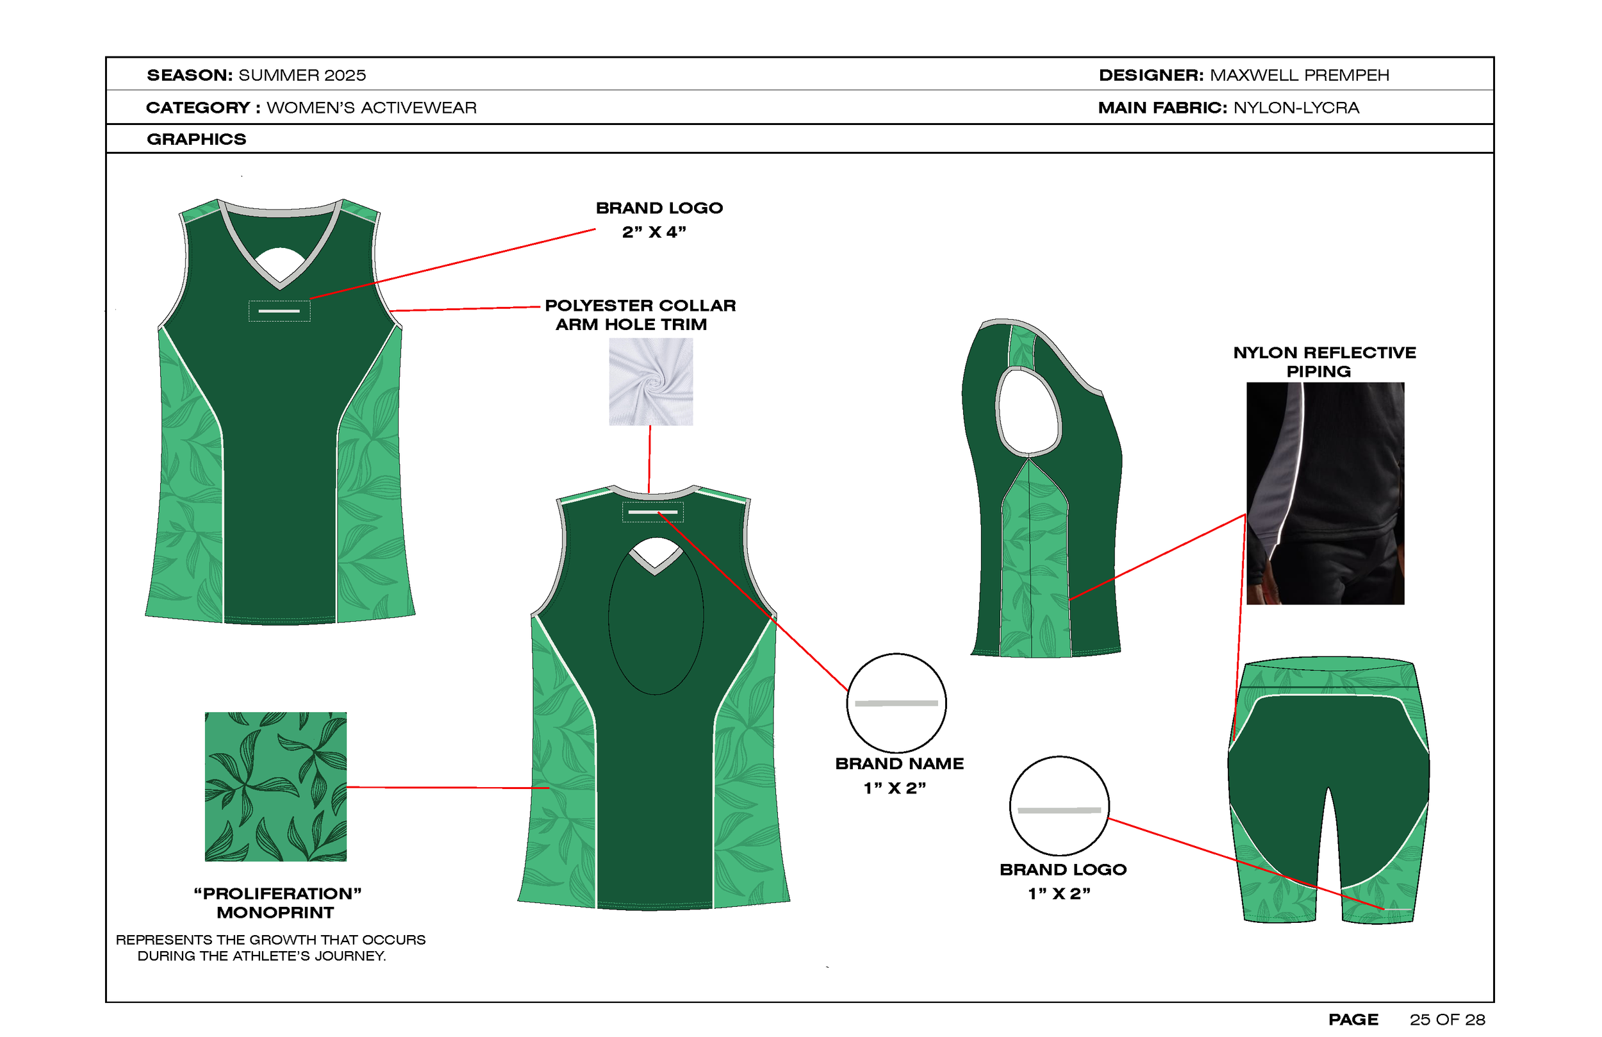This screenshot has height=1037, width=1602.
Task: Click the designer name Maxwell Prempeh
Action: [x=1299, y=75]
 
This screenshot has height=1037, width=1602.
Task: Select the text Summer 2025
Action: [x=302, y=75]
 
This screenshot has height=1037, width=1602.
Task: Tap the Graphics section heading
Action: [x=197, y=139]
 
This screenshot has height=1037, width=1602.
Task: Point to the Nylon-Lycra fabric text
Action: [x=1296, y=108]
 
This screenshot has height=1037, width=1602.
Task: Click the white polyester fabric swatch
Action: [x=650, y=381]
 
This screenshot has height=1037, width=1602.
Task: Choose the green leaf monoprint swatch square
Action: [x=276, y=786]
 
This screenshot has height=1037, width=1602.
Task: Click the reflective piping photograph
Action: [x=1325, y=493]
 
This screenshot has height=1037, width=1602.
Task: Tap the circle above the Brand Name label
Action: [x=896, y=702]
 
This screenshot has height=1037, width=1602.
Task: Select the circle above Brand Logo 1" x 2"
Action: [x=1059, y=806]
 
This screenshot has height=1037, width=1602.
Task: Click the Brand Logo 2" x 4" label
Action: [x=658, y=220]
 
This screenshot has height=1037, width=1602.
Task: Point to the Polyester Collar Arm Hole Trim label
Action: [x=640, y=315]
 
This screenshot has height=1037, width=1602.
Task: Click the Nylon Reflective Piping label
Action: [x=1324, y=361]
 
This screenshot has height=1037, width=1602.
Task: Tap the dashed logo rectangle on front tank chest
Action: [x=279, y=310]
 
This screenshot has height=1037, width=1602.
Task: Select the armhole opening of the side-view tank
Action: [x=1028, y=412]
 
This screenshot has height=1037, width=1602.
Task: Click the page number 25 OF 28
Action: [x=1447, y=1020]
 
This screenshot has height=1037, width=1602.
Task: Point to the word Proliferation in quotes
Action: [x=277, y=893]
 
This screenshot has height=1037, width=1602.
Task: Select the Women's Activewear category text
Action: [x=372, y=108]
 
